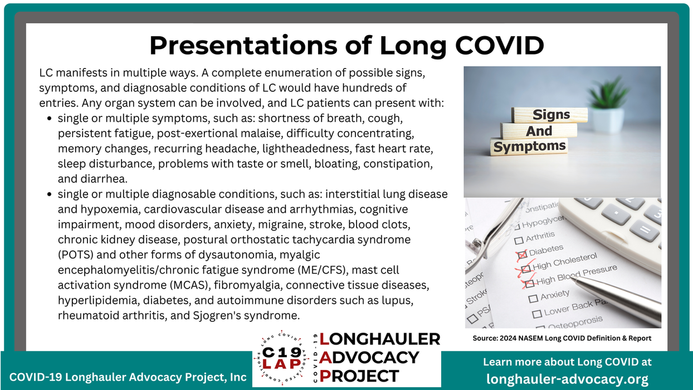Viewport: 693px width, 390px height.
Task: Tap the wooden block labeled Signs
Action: pos(550,115)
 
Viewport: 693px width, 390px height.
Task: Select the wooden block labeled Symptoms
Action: pos(529,147)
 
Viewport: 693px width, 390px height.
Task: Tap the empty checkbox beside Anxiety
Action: pos(533,298)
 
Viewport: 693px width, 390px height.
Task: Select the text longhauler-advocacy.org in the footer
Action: pos(567,379)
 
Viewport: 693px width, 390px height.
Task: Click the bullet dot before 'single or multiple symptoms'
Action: pos(50,119)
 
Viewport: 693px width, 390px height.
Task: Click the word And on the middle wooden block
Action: pos(539,131)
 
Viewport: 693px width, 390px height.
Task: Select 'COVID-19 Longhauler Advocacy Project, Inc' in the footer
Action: pos(128,377)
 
